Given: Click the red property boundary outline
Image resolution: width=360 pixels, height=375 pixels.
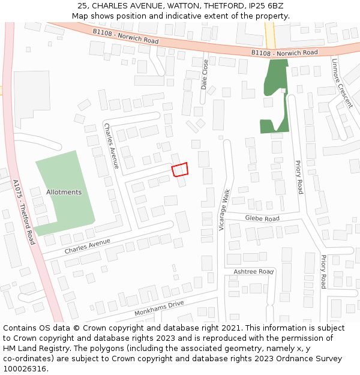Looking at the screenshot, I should point(179,170).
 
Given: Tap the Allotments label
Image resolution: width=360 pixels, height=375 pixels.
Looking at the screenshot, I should point(64,192).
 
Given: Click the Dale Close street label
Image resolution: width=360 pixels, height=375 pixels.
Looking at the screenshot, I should point(205,74).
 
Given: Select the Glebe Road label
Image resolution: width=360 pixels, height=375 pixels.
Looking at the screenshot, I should point(262,219).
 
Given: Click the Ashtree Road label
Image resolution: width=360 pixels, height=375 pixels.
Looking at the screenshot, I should point(253,272).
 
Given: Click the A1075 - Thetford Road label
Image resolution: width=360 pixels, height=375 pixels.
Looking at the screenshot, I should point(24,212).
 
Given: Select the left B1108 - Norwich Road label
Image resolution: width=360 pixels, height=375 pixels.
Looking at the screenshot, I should point(125,36).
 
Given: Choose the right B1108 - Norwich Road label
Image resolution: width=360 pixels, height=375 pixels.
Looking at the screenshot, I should point(284,53).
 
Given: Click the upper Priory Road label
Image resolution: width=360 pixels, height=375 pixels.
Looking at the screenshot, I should point(299,176).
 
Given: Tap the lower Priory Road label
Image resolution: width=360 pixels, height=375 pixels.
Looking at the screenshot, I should point(323,272).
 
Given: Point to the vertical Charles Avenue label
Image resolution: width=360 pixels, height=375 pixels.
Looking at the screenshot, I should point(112,145).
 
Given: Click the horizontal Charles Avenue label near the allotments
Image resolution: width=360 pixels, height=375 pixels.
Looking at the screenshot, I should point(88,245).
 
